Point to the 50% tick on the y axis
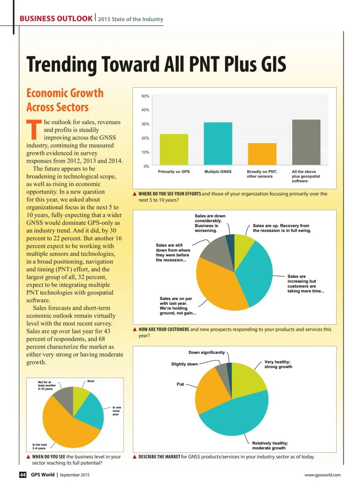tap(145, 96)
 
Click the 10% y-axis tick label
tap(145, 152)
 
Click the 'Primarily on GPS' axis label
tap(174, 172)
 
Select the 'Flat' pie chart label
tap(180, 384)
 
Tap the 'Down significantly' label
tap(206, 352)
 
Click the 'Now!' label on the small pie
tap(91, 381)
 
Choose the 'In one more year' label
tap(116, 411)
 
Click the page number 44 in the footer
tap(23, 475)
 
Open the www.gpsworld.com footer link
tap(322, 475)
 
